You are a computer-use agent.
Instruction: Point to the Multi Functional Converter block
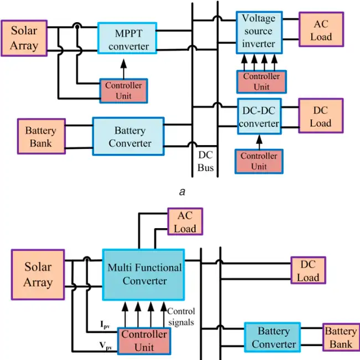(x=144, y=274)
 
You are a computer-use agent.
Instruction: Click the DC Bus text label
(x=205, y=161)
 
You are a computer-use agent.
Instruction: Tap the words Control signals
(x=181, y=317)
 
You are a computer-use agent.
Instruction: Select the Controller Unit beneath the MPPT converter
(x=124, y=91)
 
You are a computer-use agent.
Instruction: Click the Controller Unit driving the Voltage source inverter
(x=261, y=82)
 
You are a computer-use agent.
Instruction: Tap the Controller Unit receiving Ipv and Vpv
(x=144, y=341)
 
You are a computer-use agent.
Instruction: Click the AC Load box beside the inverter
(x=321, y=31)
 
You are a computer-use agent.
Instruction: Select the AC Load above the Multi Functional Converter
(x=185, y=222)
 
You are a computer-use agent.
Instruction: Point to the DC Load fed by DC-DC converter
(x=321, y=117)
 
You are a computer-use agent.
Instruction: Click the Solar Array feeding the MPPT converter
(x=23, y=38)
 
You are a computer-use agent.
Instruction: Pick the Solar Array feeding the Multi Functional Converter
(x=38, y=275)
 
